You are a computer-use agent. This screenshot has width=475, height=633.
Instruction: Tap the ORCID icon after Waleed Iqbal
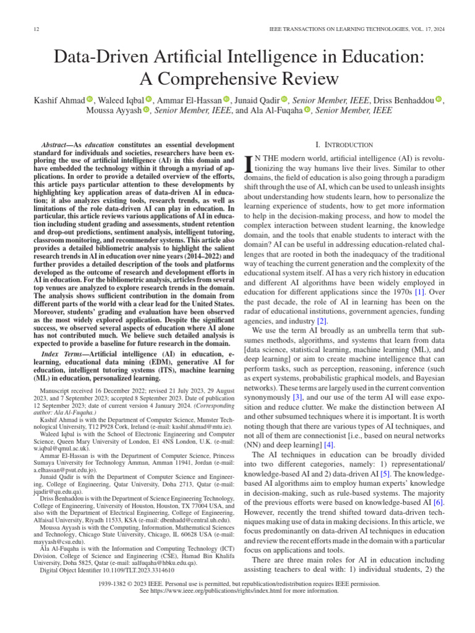[x=148, y=100]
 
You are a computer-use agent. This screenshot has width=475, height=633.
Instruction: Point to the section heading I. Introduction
[x=344, y=145]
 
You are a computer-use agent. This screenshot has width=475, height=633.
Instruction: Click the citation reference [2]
[x=322, y=321]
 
